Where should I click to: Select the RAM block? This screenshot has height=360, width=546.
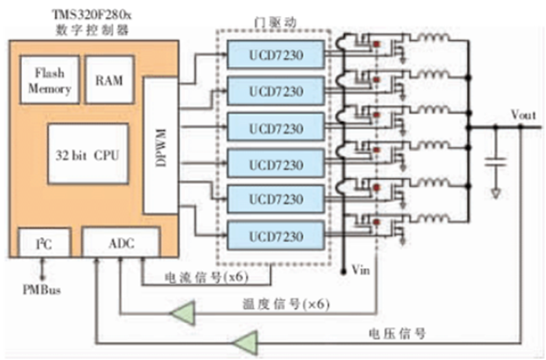tap(109, 80)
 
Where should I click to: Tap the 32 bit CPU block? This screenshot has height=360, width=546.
tap(88, 155)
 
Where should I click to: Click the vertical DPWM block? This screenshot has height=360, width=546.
tap(160, 144)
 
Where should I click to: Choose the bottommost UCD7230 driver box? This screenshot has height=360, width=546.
tap(275, 236)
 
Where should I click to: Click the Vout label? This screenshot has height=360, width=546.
tap(523, 115)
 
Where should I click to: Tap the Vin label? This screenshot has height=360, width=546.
tap(360, 270)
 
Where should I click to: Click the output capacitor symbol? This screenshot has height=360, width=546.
tap(495, 163)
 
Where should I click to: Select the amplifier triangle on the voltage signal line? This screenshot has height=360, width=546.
tap(244, 341)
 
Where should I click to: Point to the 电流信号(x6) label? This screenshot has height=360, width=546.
tap(207, 278)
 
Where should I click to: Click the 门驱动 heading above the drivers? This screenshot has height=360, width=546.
tap(274, 22)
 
